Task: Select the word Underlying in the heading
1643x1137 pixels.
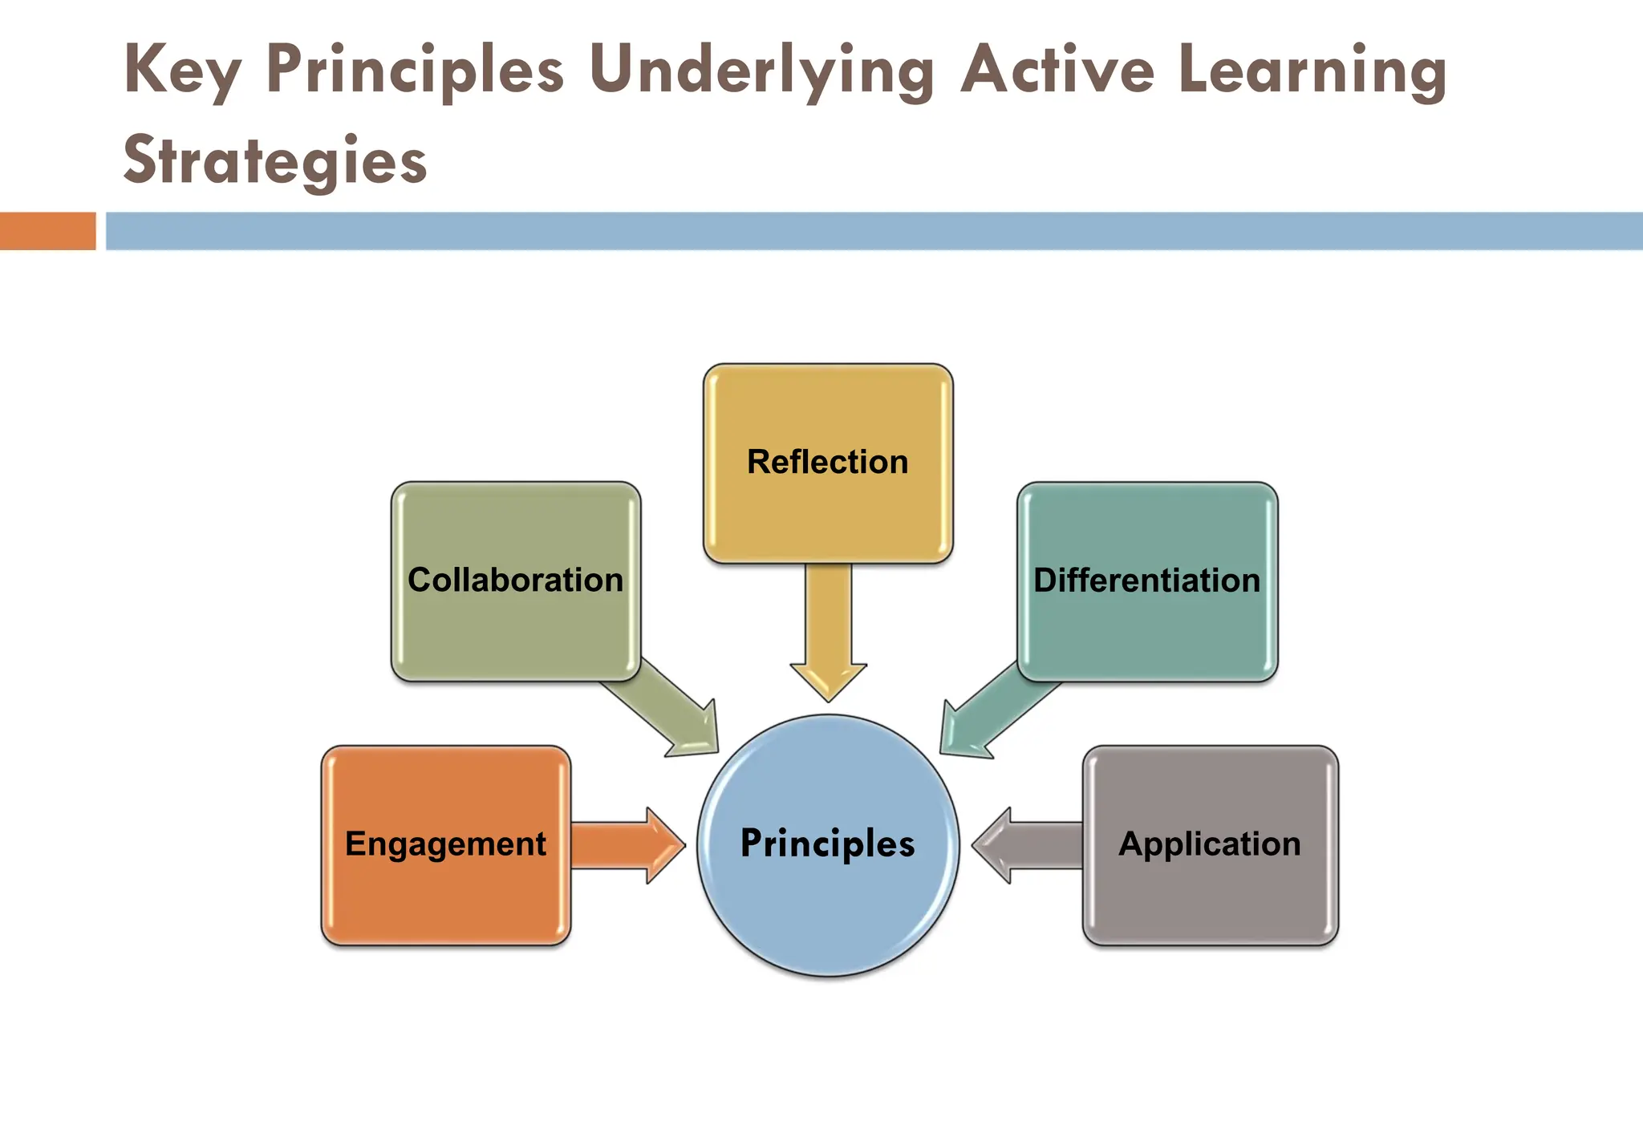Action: point(761,71)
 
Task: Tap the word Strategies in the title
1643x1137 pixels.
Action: point(274,160)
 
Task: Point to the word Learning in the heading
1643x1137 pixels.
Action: point(1312,71)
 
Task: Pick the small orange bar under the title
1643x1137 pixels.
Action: point(47,231)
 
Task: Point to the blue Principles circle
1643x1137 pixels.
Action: point(828,906)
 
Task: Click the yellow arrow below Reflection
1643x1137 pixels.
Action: point(828,633)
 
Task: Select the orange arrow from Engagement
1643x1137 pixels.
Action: point(626,845)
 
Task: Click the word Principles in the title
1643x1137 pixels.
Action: point(415,71)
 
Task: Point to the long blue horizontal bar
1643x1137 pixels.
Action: point(874,231)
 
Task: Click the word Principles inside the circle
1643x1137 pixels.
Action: point(827,844)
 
